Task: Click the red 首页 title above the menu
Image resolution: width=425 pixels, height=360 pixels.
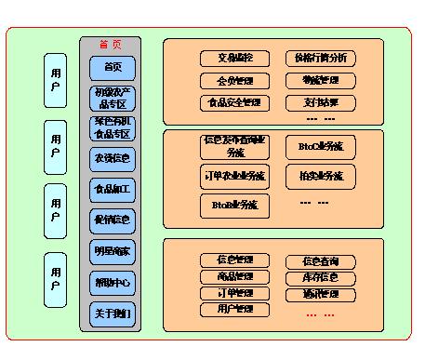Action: click(x=112, y=45)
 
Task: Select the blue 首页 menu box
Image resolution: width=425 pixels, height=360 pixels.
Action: click(x=113, y=68)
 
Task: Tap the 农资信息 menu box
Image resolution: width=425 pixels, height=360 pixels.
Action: click(x=113, y=159)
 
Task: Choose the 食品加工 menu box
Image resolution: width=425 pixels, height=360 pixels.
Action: click(x=113, y=190)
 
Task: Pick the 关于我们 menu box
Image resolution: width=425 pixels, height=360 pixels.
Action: click(x=113, y=313)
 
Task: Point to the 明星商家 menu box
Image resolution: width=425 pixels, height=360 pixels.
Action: click(x=113, y=251)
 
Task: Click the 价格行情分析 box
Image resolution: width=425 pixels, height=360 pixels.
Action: click(x=320, y=59)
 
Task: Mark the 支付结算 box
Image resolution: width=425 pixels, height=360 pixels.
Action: click(x=320, y=101)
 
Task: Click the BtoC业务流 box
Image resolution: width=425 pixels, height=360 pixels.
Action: click(x=320, y=147)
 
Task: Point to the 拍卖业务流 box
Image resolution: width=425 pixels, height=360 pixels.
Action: click(x=320, y=175)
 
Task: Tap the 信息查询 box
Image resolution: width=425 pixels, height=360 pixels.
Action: click(x=320, y=262)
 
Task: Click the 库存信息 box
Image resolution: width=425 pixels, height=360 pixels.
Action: click(x=320, y=278)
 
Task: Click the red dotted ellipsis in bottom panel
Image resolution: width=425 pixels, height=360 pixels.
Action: click(x=317, y=315)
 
